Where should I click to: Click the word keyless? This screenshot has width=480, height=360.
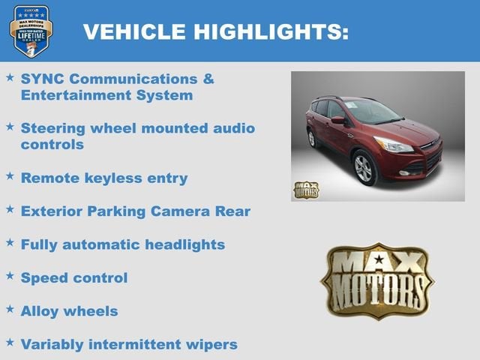[x=115, y=178]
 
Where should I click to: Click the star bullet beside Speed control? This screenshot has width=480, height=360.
[x=10, y=276]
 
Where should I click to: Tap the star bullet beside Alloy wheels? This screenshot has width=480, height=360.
[x=10, y=309]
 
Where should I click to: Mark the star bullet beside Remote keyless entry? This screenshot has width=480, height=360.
[x=10, y=176]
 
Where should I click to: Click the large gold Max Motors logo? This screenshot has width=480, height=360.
[x=376, y=280]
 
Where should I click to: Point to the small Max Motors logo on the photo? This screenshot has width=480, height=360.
[x=305, y=189]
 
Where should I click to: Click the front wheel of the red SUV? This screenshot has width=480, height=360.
[x=365, y=167]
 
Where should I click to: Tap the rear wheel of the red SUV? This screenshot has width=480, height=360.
[x=312, y=139]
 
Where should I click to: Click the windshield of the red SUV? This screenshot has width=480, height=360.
[x=372, y=112]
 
